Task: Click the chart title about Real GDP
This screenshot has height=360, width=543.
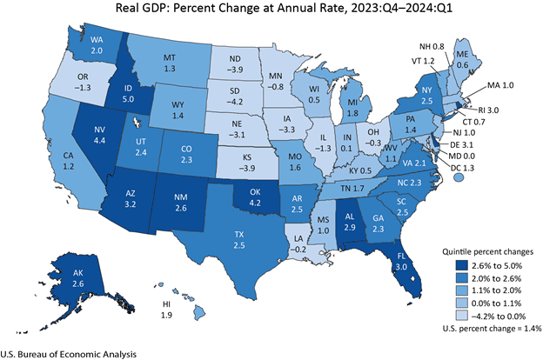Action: click(271, 10)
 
